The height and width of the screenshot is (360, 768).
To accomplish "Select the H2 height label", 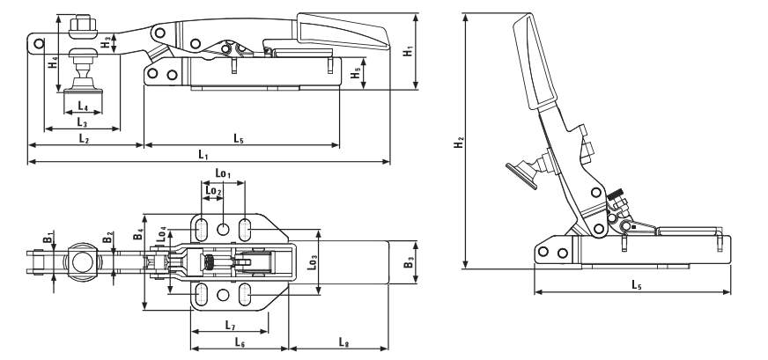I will (x=460, y=143).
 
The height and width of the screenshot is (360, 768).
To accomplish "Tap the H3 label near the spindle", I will (x=105, y=40).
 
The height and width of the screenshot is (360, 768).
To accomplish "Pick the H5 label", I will (x=355, y=75).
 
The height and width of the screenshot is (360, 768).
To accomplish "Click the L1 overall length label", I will (x=203, y=155).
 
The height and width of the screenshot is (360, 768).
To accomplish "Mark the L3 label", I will (x=83, y=123).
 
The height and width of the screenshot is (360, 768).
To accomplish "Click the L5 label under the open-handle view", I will (x=636, y=284).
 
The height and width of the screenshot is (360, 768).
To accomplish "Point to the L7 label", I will (x=230, y=326).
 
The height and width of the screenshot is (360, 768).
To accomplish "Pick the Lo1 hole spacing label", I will (x=223, y=175).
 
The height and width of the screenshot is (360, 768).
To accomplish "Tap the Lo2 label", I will (x=212, y=190).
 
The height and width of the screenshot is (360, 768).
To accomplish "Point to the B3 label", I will (x=407, y=262).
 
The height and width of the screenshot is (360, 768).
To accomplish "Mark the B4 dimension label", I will (x=138, y=236).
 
